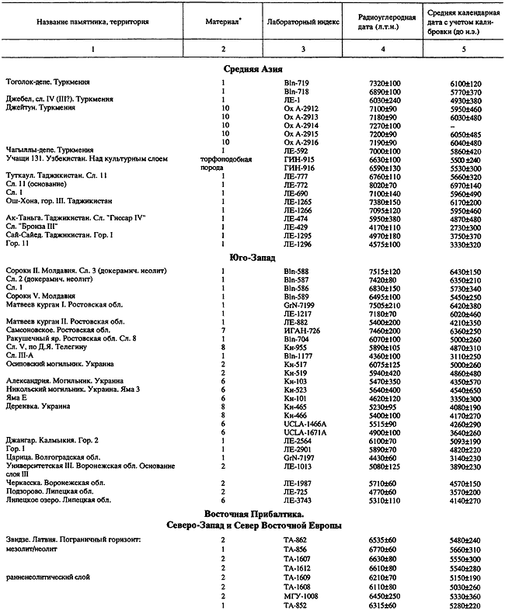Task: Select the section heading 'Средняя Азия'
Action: pos(252,68)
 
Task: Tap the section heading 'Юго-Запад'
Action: pos(252,257)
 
